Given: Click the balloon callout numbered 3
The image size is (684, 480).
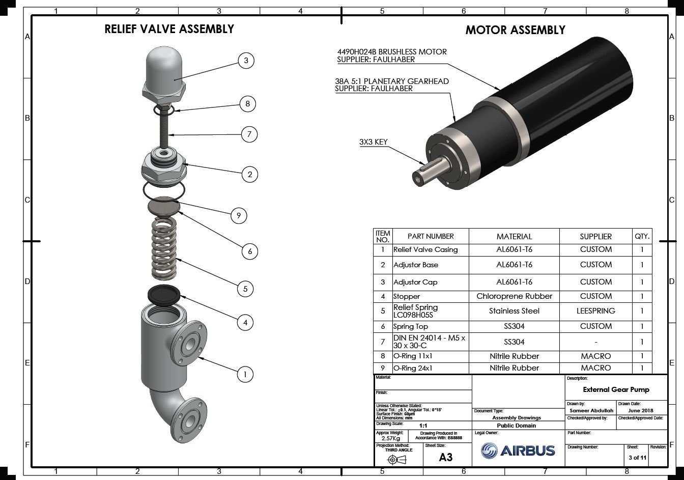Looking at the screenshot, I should (x=246, y=61).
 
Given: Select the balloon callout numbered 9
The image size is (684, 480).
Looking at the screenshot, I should (x=239, y=215).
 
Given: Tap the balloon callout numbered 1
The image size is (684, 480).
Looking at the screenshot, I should (x=245, y=375).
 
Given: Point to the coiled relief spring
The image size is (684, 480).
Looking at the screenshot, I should (x=164, y=248).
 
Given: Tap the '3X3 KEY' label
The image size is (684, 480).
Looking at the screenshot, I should (x=373, y=142).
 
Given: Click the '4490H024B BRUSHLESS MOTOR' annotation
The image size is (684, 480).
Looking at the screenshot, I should (x=391, y=52).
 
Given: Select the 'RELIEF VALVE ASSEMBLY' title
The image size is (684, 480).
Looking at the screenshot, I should (x=169, y=29).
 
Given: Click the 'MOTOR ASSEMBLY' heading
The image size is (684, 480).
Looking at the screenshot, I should (x=515, y=30).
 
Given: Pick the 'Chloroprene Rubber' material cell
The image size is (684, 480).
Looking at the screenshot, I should (x=514, y=296).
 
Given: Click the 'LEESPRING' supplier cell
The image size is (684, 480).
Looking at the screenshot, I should (x=595, y=310).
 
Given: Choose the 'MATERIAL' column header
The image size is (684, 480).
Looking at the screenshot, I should (x=514, y=236).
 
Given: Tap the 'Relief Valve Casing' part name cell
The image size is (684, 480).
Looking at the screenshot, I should (x=425, y=249).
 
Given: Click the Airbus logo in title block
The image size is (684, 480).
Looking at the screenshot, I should (x=518, y=450).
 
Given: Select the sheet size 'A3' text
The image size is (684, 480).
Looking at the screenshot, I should (x=445, y=457).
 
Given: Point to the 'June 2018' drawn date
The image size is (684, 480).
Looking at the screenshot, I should (x=640, y=410).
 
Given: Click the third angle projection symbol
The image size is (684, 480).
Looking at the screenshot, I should (x=397, y=460).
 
